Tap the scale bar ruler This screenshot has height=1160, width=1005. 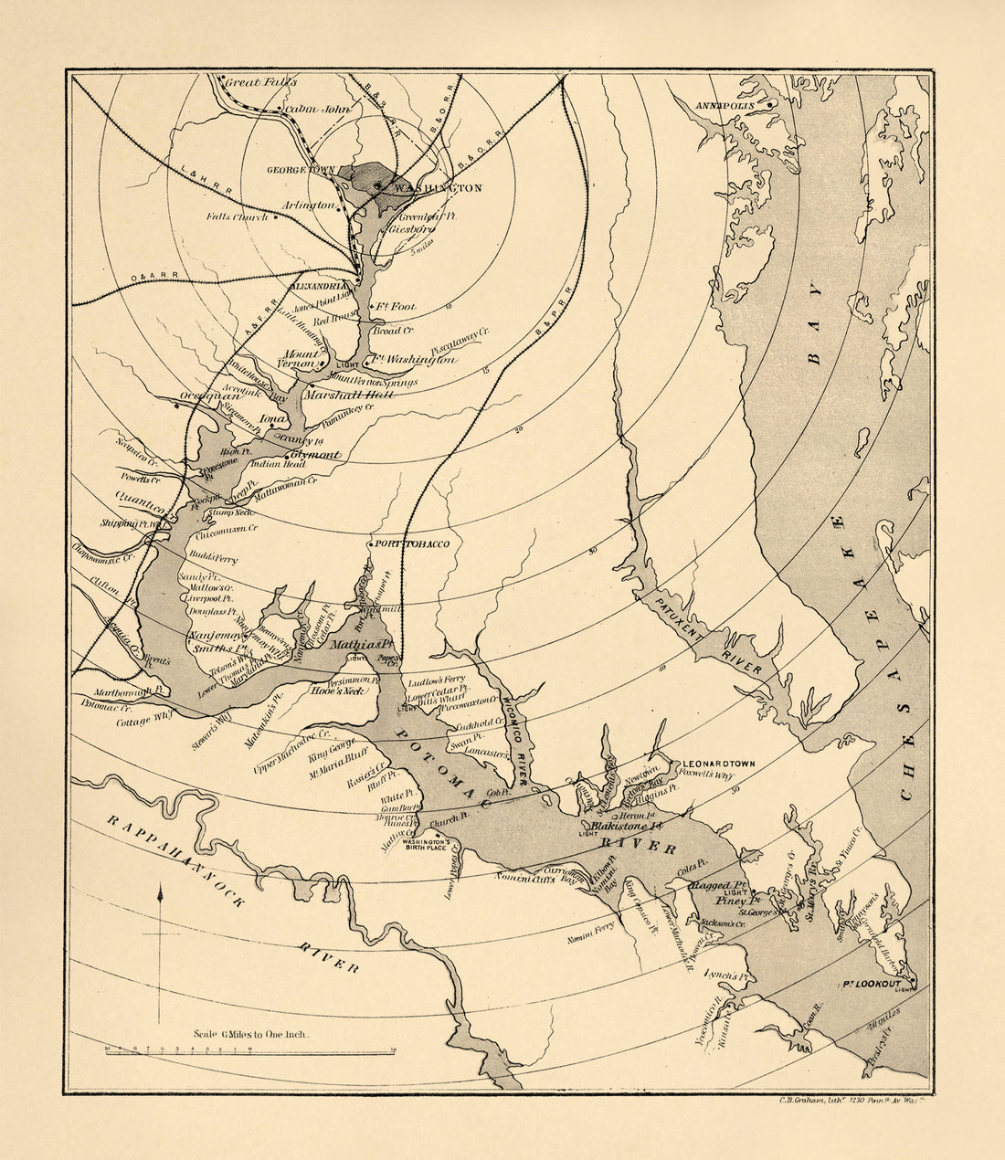click(250, 1052)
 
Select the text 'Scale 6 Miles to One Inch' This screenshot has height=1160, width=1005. click(251, 1035)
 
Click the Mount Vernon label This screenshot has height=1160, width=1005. click(301, 358)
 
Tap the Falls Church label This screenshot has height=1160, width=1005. click(237, 217)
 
